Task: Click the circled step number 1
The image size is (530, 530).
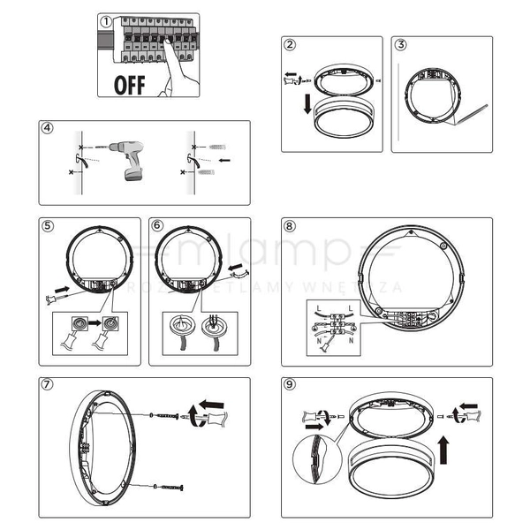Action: coord(105,20)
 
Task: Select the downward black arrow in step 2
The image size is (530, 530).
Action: coord(306,105)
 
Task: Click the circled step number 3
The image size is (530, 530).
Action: coord(400,45)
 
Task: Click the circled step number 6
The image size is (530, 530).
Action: coord(157,225)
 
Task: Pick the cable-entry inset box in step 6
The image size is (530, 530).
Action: coord(195,333)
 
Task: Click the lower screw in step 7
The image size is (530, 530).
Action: coord(169,487)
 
